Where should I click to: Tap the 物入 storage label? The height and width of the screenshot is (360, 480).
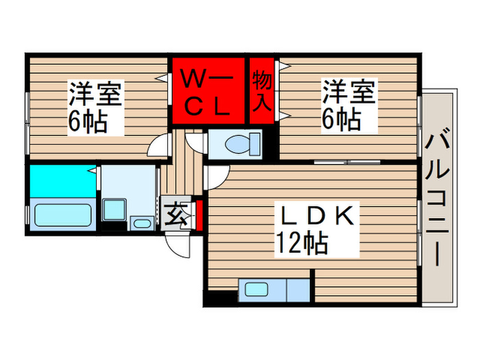click(263, 91)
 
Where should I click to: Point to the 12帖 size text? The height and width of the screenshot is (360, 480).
click(301, 243)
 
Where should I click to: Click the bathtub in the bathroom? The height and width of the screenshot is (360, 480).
click(62, 215)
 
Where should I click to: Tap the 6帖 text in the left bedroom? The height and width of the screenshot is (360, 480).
click(86, 122)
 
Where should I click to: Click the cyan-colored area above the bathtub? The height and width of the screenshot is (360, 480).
click(60, 180)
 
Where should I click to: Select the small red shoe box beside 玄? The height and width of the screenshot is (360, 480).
click(198, 214)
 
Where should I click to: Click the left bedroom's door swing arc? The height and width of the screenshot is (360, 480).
click(160, 145)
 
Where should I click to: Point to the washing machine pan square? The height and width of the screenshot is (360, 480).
click(113, 208)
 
